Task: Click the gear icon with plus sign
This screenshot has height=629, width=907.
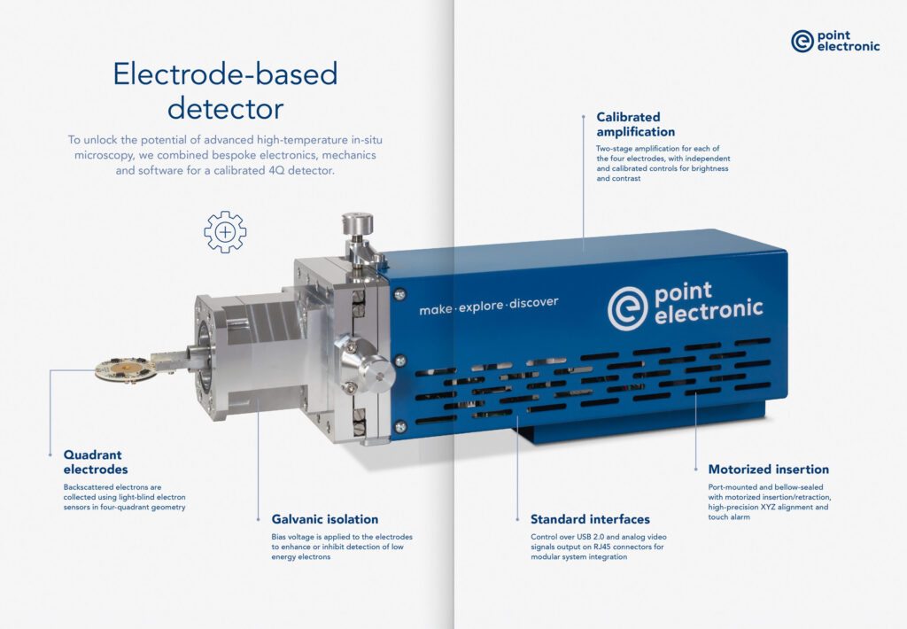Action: [225, 232]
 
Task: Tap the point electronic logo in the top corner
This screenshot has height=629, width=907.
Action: [835, 41]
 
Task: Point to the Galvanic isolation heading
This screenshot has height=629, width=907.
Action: [325, 519]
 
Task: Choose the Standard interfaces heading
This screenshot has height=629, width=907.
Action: [590, 519]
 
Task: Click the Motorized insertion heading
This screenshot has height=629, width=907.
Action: [768, 470]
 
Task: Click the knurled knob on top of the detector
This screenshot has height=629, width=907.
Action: [358, 223]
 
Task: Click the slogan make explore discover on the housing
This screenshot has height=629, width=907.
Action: [489, 304]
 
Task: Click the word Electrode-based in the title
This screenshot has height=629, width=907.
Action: [225, 74]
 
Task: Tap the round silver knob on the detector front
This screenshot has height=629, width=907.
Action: [364, 364]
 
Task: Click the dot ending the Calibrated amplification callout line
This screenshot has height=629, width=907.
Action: [584, 116]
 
